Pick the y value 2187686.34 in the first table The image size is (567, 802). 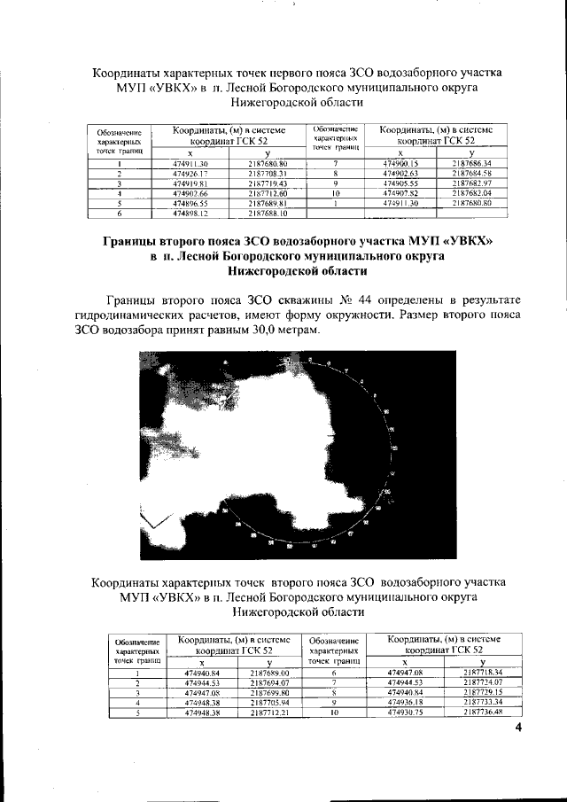click(x=470, y=165)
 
